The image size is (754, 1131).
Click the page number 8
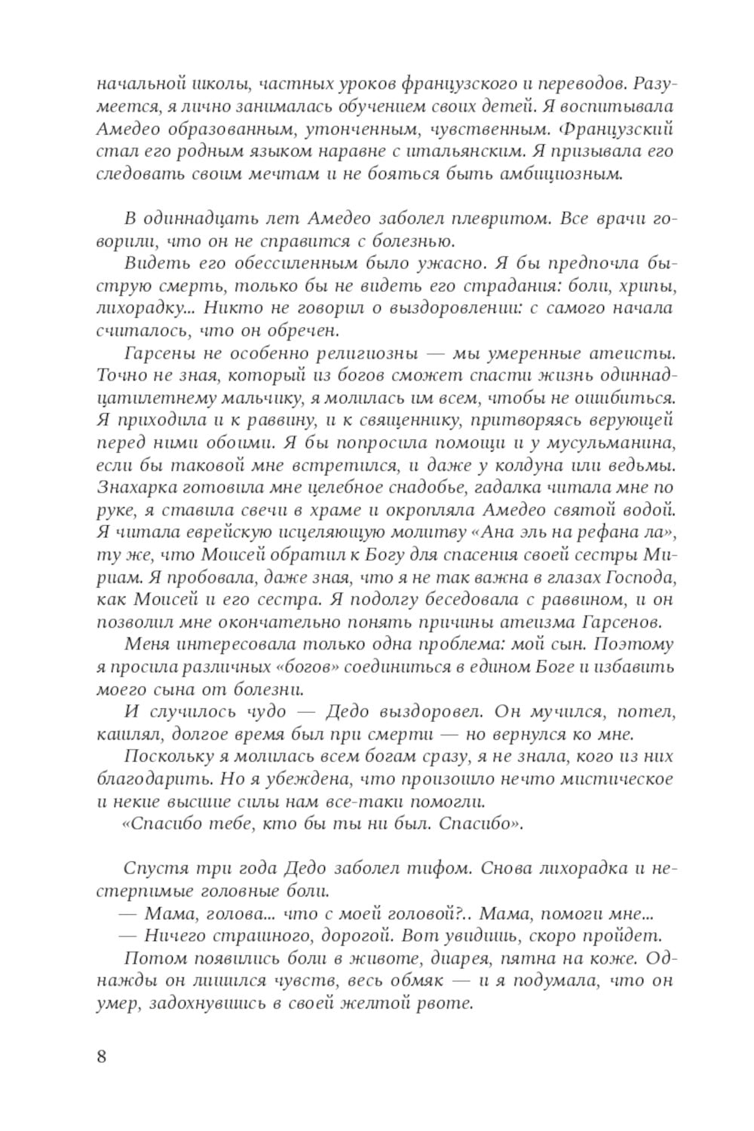(x=102, y=1056)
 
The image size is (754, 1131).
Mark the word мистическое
(x=611, y=778)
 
